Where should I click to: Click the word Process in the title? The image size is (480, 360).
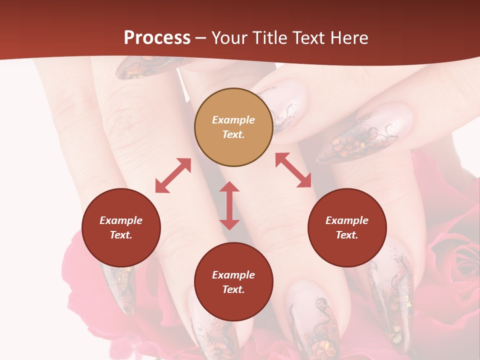coord(157,38)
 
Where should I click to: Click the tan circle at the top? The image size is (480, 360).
coord(233,127)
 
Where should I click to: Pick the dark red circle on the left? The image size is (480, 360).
coord(121,227)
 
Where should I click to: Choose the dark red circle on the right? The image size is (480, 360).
coord(347,227)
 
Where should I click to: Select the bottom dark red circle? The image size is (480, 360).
coord(233,282)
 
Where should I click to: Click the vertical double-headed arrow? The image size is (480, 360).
coord(229,205)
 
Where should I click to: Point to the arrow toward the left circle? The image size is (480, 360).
coord(173,175)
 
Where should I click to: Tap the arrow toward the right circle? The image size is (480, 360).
coord(293,170)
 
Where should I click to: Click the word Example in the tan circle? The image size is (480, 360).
coord(233,120)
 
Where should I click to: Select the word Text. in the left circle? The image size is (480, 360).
coord(121,235)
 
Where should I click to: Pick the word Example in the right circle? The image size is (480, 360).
coord(347,220)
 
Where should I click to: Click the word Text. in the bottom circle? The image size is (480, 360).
coord(233,289)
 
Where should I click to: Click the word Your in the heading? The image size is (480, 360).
coord(229,38)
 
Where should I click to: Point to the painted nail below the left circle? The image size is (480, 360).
coord(120,287)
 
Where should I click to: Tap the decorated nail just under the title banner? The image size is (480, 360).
coord(150,67)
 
